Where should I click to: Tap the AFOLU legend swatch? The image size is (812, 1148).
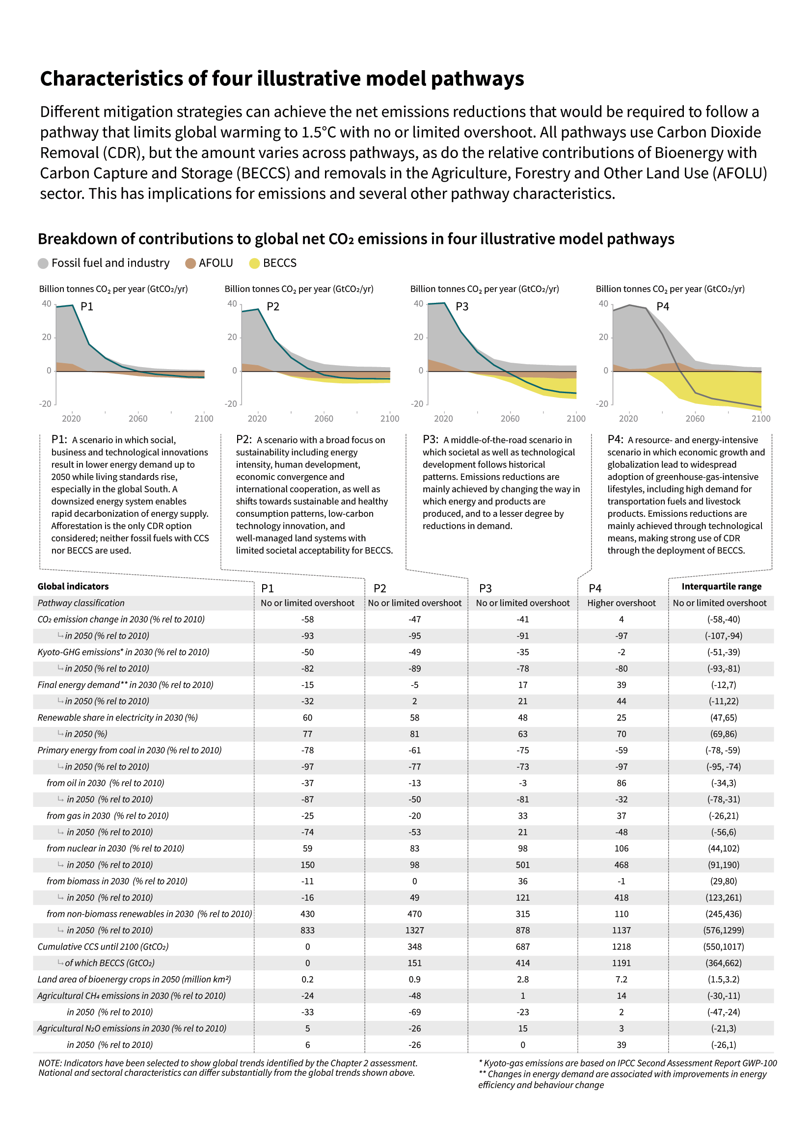coord(190,264)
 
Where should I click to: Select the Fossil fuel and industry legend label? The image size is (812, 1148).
coord(110,263)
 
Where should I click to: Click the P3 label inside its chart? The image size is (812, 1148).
coord(461,306)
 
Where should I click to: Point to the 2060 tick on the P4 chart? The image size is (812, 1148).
coord(695,419)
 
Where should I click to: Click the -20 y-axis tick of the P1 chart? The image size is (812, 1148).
coord(46,404)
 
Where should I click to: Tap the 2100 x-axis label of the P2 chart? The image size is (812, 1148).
coord(389,419)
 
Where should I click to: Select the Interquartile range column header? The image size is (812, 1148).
coord(721,587)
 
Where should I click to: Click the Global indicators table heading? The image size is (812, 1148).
coord(73,587)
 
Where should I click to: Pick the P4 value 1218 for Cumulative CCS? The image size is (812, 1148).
coord(621,946)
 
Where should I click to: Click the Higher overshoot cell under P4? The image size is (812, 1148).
coord(621,603)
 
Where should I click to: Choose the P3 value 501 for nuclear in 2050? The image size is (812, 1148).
coord(522,865)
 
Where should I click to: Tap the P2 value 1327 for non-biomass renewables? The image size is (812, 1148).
coord(414,931)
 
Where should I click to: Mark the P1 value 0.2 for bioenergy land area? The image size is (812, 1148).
coord(307,980)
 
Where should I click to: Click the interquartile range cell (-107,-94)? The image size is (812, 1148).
coord(724,636)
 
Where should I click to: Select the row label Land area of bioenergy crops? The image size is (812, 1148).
coord(134,980)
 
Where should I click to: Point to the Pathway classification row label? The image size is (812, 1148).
coord(81,603)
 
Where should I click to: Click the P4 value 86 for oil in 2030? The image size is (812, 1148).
coord(621,783)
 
